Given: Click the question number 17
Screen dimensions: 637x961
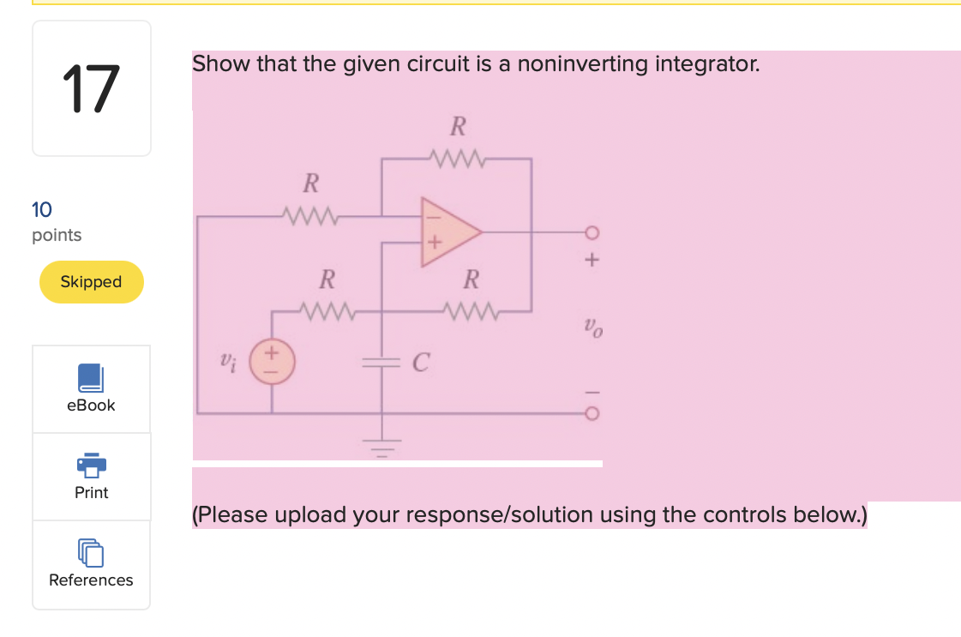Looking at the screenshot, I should (90, 89).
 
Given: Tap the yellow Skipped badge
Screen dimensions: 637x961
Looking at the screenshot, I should (91, 282).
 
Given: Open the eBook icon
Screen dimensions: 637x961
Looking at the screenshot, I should (90, 377).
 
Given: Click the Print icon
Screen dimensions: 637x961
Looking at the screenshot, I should (91, 465).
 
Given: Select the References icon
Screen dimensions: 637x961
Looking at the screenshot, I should (91, 553).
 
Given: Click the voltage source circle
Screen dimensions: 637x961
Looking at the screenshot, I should (273, 360).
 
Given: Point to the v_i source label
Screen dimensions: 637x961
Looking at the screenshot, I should (226, 361).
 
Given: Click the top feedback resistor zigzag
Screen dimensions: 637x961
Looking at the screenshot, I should (457, 158).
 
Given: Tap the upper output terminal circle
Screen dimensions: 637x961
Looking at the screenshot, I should (591, 232).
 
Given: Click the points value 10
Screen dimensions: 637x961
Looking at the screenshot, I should (41, 209).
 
